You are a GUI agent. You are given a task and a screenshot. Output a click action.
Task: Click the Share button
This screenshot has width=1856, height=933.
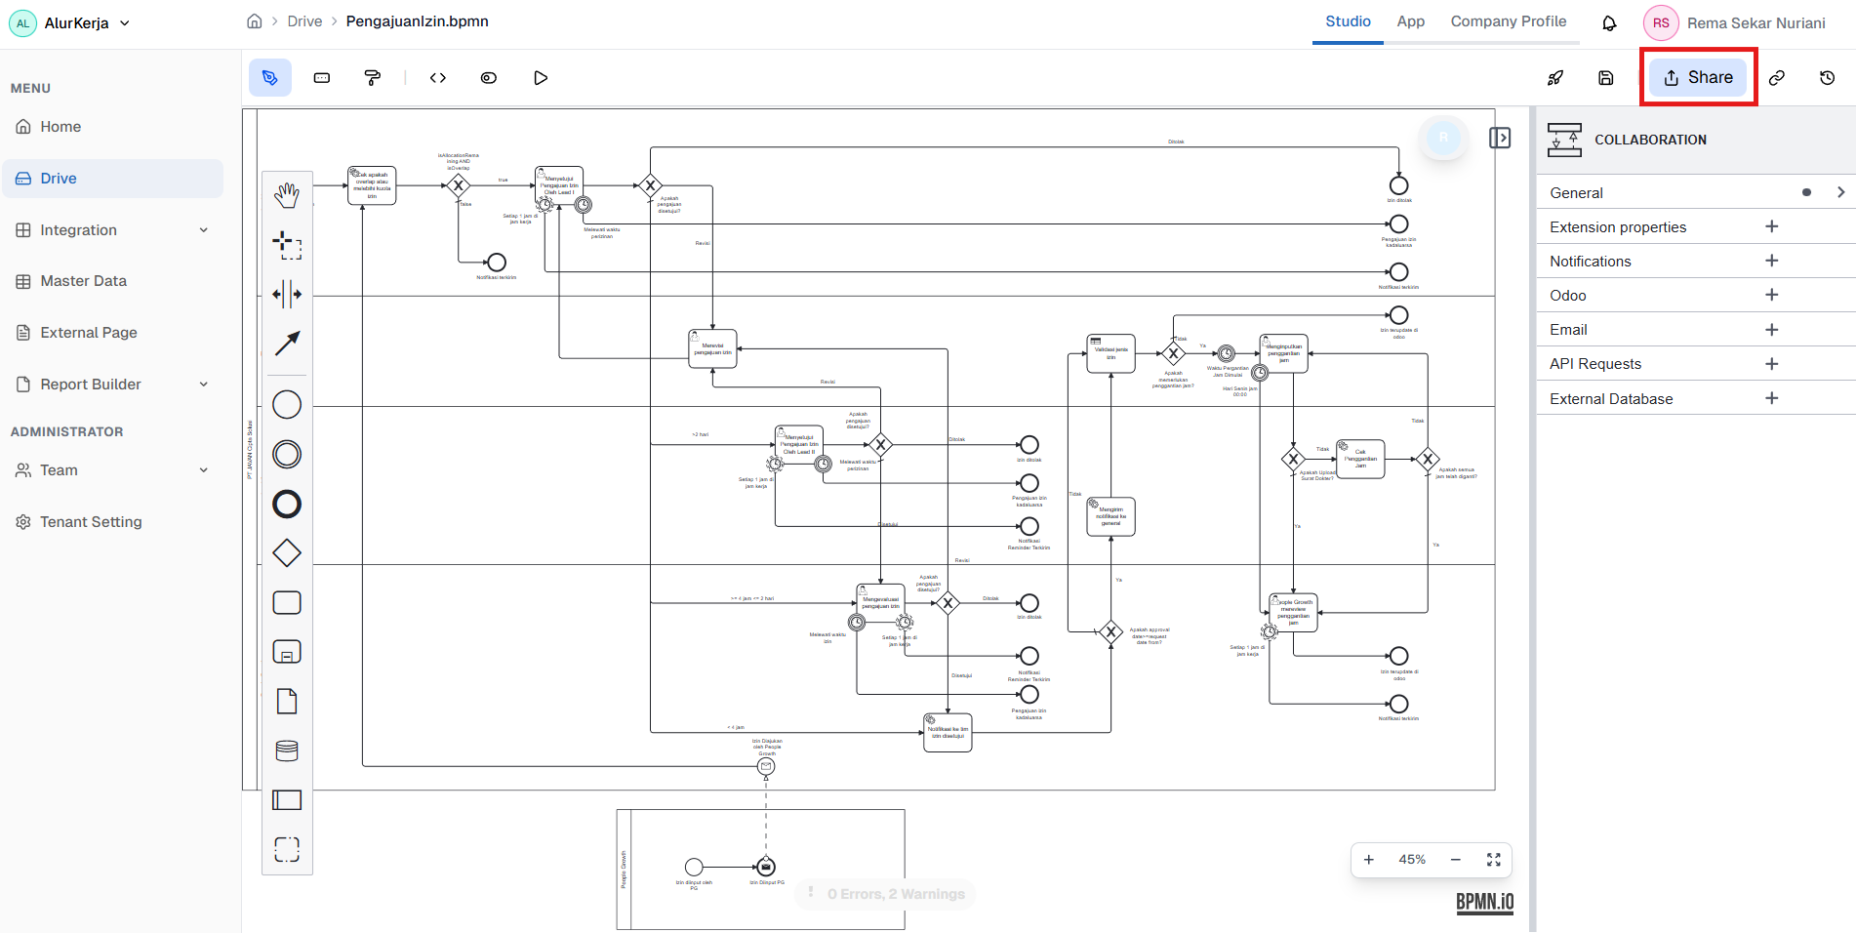pos(1698,78)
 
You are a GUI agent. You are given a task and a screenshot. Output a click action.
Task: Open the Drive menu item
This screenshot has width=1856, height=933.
pos(59,179)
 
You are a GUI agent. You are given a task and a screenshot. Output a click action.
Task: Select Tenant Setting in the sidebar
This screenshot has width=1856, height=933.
pos(91,522)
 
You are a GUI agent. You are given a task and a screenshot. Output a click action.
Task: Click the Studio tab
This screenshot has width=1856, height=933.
pos(1348,21)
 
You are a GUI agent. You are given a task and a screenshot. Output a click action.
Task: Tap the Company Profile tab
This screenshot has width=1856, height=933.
pos(1508,21)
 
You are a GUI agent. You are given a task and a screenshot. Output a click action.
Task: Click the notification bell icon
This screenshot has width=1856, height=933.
pos(1609,23)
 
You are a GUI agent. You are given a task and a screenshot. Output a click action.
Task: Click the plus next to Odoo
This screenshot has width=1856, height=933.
pos(1771,295)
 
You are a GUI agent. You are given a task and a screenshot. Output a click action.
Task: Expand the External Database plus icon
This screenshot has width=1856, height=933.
pos(1771,398)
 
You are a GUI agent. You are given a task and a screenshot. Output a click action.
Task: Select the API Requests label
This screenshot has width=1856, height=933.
pos(1594,364)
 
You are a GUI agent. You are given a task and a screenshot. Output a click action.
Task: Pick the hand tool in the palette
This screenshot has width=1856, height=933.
pos(287,195)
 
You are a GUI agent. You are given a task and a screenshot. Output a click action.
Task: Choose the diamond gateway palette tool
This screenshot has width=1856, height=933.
pos(287,553)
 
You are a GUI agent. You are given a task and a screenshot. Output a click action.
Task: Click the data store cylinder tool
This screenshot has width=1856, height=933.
pos(287,750)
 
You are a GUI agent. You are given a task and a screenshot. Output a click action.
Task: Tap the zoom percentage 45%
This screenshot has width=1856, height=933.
pos(1411,860)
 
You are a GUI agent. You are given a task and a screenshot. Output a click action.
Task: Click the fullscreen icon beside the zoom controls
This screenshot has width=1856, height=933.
pos(1493,860)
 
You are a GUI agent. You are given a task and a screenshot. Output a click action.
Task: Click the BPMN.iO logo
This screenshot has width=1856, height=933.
pos(1484,902)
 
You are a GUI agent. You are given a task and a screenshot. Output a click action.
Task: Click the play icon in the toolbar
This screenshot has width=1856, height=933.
pos(541,78)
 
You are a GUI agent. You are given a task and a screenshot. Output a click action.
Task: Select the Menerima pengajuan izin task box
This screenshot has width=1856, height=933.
pos(712,349)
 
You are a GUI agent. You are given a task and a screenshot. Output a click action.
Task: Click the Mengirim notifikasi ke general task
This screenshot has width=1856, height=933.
pos(1110,517)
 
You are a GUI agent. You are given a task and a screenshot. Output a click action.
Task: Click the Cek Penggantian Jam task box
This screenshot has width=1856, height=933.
pos(1360,459)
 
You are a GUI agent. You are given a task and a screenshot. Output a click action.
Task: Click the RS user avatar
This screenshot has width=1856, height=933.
pos(1660,23)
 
